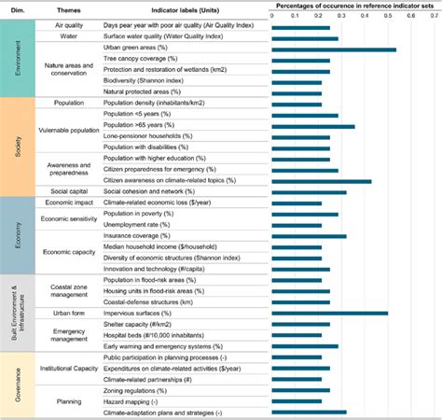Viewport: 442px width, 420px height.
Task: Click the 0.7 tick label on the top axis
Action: [434, 16]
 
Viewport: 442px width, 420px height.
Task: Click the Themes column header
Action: [65, 7]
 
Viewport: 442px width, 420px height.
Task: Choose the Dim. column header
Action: [17, 7]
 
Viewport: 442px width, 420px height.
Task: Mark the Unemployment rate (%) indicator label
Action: [137, 225]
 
